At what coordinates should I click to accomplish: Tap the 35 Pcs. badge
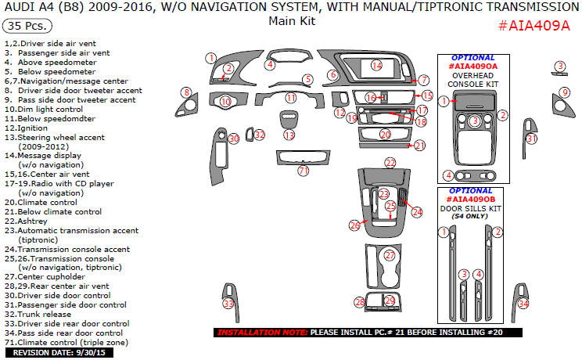tap(26, 25)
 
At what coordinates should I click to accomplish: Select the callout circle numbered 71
tap(304, 171)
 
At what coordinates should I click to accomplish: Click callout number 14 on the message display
tap(377, 66)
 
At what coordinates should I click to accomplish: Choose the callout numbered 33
tap(228, 304)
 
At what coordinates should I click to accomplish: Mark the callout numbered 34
tap(524, 304)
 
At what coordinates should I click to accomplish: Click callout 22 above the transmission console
tap(390, 162)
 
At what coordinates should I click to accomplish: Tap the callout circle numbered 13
tap(289, 135)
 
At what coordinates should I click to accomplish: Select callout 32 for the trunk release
tap(260, 135)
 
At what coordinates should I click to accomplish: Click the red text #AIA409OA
tap(472, 67)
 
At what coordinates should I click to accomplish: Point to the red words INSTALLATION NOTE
tap(261, 333)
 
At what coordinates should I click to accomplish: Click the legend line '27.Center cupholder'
tap(56, 275)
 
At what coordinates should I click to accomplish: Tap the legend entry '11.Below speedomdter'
tap(50, 119)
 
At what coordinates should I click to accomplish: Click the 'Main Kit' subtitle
tap(291, 21)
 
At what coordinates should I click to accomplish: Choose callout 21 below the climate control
tap(420, 146)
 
